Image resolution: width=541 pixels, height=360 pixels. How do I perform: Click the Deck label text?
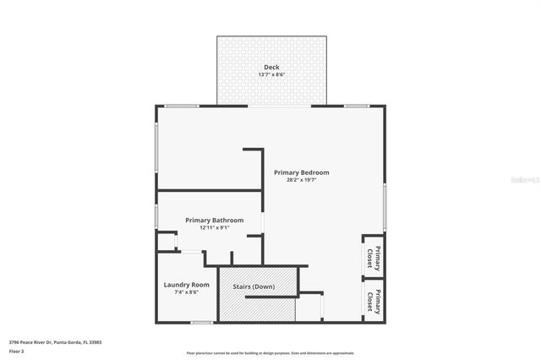(271, 67)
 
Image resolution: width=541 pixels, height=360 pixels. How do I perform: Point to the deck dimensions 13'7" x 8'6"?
(271, 75)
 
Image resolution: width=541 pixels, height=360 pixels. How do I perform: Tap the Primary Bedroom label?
(301, 172)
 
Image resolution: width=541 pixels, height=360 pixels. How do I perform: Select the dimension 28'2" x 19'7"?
(301, 180)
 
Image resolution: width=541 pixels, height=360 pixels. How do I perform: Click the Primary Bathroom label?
(215, 221)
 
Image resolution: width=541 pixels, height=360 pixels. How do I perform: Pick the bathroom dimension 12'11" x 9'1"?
(215, 228)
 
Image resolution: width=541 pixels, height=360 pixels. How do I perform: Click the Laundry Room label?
(186, 285)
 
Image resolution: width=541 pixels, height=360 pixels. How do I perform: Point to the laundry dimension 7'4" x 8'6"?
(186, 293)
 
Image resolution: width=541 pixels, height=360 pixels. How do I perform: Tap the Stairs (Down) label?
(254, 286)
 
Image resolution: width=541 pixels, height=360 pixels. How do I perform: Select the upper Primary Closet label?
(373, 256)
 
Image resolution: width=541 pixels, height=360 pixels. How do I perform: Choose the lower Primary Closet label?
(373, 301)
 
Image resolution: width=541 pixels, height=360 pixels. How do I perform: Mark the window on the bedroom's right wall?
(385, 207)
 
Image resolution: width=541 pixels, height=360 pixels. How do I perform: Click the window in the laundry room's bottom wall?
(201, 322)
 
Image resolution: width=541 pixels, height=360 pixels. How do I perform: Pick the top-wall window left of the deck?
(181, 106)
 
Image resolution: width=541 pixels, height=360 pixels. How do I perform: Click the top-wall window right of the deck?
(356, 106)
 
